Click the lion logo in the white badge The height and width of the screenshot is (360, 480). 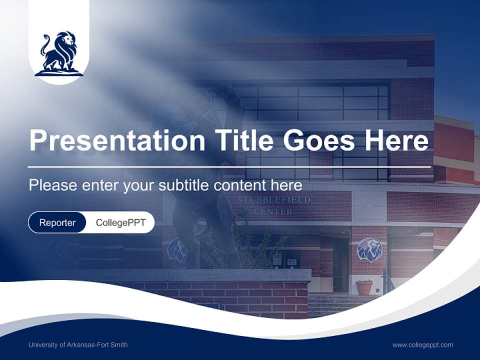(x=59, y=54)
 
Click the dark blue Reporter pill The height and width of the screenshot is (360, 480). (x=57, y=222)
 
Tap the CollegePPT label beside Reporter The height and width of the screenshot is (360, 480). (x=120, y=222)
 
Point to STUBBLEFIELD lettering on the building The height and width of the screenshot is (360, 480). (x=274, y=200)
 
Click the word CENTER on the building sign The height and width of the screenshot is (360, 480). (x=273, y=211)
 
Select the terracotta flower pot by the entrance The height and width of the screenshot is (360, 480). (x=364, y=287)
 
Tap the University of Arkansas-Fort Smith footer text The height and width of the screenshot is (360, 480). (x=78, y=345)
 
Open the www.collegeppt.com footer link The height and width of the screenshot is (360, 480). (x=422, y=345)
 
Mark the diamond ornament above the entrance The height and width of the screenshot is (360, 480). (x=369, y=205)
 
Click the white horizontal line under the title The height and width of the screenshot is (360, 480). (x=229, y=166)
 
